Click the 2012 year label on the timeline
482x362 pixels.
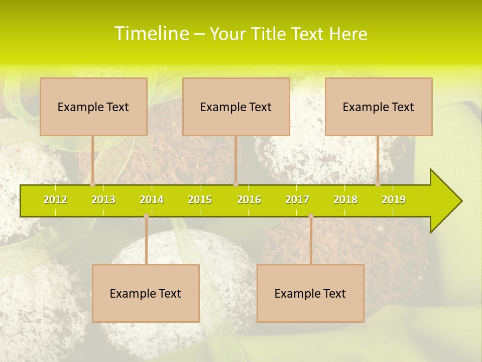point(55,200)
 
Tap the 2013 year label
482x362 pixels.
point(103,200)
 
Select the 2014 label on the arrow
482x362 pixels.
point(152,200)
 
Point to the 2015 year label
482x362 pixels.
point(200,200)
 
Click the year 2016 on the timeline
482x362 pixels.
point(249,200)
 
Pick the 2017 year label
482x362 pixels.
point(297,200)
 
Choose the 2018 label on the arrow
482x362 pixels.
point(345,200)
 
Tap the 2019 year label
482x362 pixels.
point(394,200)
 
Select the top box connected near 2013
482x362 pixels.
point(93,107)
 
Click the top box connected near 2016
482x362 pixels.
point(236,107)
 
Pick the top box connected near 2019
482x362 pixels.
point(379,107)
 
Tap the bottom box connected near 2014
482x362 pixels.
point(146,293)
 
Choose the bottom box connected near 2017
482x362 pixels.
point(310,293)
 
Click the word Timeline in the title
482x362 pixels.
point(151,34)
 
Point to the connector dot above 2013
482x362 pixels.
point(92,185)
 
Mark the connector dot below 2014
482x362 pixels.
point(146,216)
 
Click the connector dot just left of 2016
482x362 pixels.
point(235,185)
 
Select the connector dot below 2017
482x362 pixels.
point(311,216)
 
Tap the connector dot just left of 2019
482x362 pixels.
point(378,185)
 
